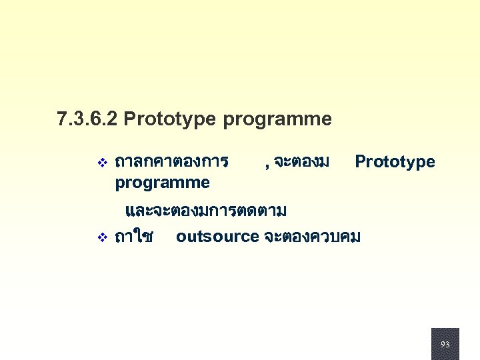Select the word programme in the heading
point(277,120)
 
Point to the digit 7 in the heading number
point(62,120)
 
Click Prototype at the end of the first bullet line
point(395,162)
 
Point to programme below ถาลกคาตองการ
point(162,183)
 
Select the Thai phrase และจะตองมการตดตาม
point(206,212)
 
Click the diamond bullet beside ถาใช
point(102,237)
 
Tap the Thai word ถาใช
point(134,236)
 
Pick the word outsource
point(217,236)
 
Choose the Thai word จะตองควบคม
point(312,236)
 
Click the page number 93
point(445,345)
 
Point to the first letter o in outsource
point(181,237)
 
